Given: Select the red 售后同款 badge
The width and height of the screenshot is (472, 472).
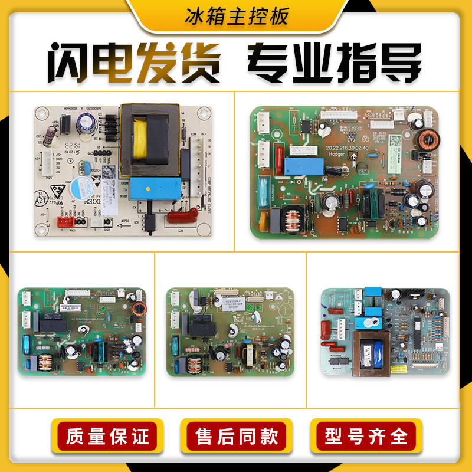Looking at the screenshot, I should [x=236, y=437].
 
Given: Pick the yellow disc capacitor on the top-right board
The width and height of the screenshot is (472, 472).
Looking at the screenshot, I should [x=263, y=222].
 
